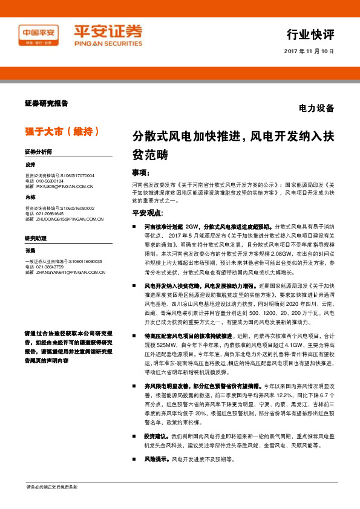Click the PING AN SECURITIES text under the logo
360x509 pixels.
pos(108,44)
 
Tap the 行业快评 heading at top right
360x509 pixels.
pos(310,33)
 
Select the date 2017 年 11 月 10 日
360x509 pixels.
pos(309,52)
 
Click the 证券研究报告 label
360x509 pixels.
pos(47,103)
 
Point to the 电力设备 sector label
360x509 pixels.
pos(316,109)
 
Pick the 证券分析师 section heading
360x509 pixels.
pos(38,151)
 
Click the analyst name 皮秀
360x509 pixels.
pos(31,164)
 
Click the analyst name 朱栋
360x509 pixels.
pos(31,198)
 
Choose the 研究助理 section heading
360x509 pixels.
pos(36,239)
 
